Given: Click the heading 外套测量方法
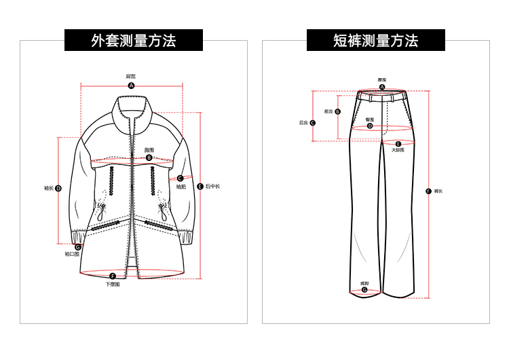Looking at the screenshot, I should [x=134, y=41].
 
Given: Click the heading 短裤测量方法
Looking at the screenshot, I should [x=376, y=41].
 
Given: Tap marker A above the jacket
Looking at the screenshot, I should [x=132, y=86].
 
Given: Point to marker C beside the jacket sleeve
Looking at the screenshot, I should [x=180, y=178].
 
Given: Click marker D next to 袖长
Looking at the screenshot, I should [x=58, y=188].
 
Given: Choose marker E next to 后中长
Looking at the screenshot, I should [x=200, y=186].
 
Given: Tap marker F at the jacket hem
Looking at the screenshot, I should [x=113, y=276].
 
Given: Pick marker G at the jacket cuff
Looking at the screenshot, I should [x=78, y=247].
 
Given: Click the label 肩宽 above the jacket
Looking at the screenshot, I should [x=131, y=76].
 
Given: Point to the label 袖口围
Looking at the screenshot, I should [x=73, y=255].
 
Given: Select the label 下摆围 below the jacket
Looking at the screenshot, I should [x=113, y=285].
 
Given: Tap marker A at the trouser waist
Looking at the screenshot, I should [x=382, y=88].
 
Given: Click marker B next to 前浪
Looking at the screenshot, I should [x=339, y=111].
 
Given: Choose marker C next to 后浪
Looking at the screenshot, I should [x=313, y=123].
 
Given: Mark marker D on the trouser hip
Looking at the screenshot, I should [x=370, y=126].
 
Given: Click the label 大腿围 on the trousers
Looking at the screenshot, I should [x=398, y=150].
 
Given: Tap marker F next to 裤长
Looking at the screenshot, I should [x=428, y=191].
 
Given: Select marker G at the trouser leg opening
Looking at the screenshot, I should [x=364, y=289].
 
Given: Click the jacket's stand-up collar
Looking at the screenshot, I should [x=131, y=108].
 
